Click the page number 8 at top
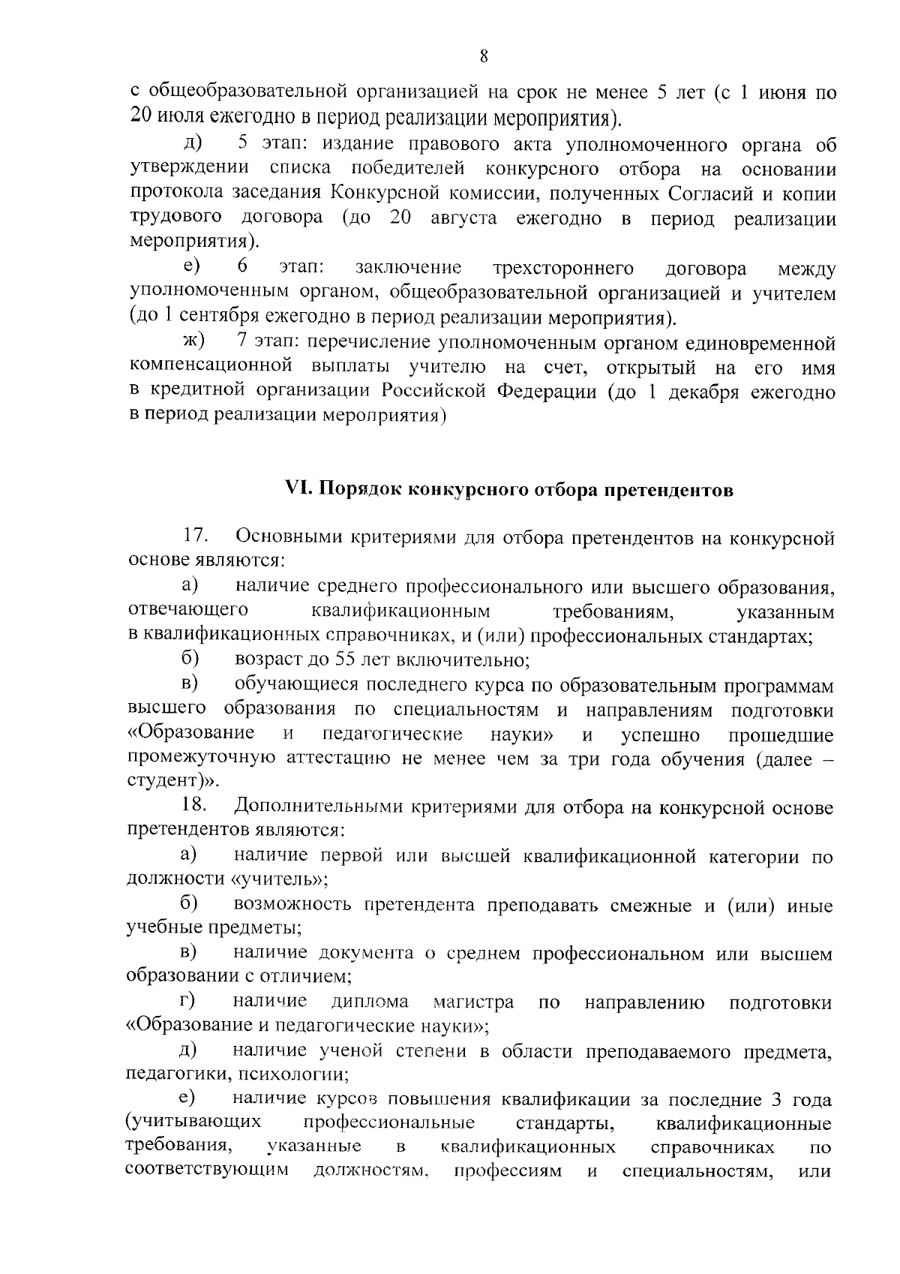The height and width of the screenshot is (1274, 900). pyautogui.click(x=483, y=57)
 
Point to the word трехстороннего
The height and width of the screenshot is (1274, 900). pyautogui.click(x=563, y=269)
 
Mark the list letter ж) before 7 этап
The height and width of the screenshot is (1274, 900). pyautogui.click(x=194, y=342)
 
